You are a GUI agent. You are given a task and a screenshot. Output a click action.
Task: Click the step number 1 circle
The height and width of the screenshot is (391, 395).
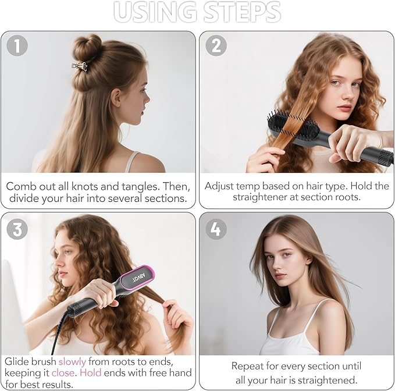(17, 45)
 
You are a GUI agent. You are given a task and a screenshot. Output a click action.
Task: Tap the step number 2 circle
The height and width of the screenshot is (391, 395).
(216, 45)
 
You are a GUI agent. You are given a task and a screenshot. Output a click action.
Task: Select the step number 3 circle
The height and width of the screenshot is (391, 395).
(17, 229)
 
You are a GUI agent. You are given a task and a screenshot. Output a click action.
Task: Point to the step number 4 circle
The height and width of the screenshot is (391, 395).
(216, 229)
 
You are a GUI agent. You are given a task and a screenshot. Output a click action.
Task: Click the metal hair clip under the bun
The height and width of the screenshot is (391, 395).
(80, 66)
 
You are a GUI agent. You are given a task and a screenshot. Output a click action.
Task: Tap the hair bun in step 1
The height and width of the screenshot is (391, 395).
(87, 47)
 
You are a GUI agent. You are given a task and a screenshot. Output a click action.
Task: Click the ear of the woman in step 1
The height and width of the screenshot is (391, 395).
(116, 97)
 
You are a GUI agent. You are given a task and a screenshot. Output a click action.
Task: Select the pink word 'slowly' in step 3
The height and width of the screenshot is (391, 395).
(72, 362)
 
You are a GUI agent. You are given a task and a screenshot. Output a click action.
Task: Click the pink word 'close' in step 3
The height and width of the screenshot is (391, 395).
(63, 373)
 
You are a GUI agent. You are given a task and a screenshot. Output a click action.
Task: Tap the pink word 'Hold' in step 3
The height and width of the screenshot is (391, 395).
(90, 373)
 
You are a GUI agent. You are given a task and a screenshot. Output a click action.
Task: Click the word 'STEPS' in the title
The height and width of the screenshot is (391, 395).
(242, 12)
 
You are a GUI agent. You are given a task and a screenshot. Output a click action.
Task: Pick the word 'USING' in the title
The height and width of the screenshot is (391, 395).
(155, 12)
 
